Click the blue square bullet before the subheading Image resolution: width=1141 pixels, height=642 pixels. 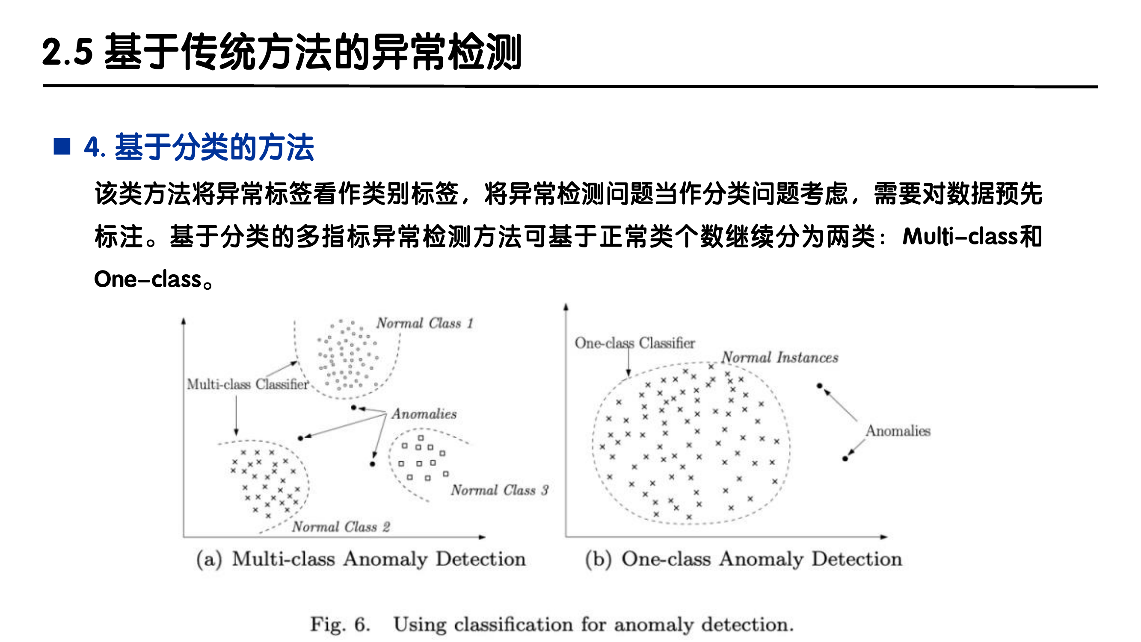tap(62, 147)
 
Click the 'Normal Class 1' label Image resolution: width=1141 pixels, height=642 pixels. tap(425, 323)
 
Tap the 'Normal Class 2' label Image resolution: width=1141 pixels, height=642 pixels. tap(341, 527)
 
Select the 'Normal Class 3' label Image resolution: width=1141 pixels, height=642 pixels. tap(500, 490)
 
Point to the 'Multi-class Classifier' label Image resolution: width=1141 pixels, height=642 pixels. tap(247, 384)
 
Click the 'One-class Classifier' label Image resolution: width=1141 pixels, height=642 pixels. tap(634, 343)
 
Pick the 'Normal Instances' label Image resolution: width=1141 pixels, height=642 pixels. tap(779, 357)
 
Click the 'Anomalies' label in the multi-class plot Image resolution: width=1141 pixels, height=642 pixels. tap(424, 414)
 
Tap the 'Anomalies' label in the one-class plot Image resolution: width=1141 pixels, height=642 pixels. tap(898, 431)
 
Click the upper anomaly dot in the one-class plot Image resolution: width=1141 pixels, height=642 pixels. tap(819, 386)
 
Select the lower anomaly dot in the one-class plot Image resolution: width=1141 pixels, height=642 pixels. tap(845, 458)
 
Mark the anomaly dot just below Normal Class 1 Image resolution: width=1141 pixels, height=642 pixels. tap(353, 407)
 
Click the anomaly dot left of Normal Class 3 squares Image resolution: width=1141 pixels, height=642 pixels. tap(373, 464)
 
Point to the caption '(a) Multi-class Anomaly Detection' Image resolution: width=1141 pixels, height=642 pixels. tap(361, 559)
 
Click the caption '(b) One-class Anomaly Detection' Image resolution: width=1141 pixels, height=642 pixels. tap(743, 559)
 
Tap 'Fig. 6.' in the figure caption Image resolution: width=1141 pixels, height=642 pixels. tap(340, 625)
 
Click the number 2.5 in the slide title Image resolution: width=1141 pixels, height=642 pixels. tap(67, 52)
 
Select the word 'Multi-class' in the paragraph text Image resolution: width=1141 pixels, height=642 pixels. tap(960, 236)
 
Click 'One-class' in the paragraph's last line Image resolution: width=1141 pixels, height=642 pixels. tap(148, 279)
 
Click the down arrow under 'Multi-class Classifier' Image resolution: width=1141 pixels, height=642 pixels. tap(236, 416)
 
